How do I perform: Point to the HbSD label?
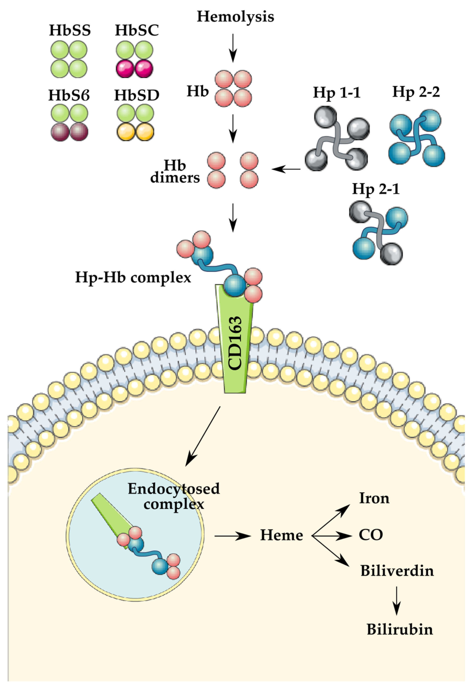click(x=137, y=95)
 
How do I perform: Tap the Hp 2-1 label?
click(x=376, y=189)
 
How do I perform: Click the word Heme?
click(x=281, y=535)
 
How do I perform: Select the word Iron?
click(x=374, y=498)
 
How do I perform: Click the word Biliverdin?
click(x=397, y=571)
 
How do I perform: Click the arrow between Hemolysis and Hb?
click(x=233, y=47)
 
